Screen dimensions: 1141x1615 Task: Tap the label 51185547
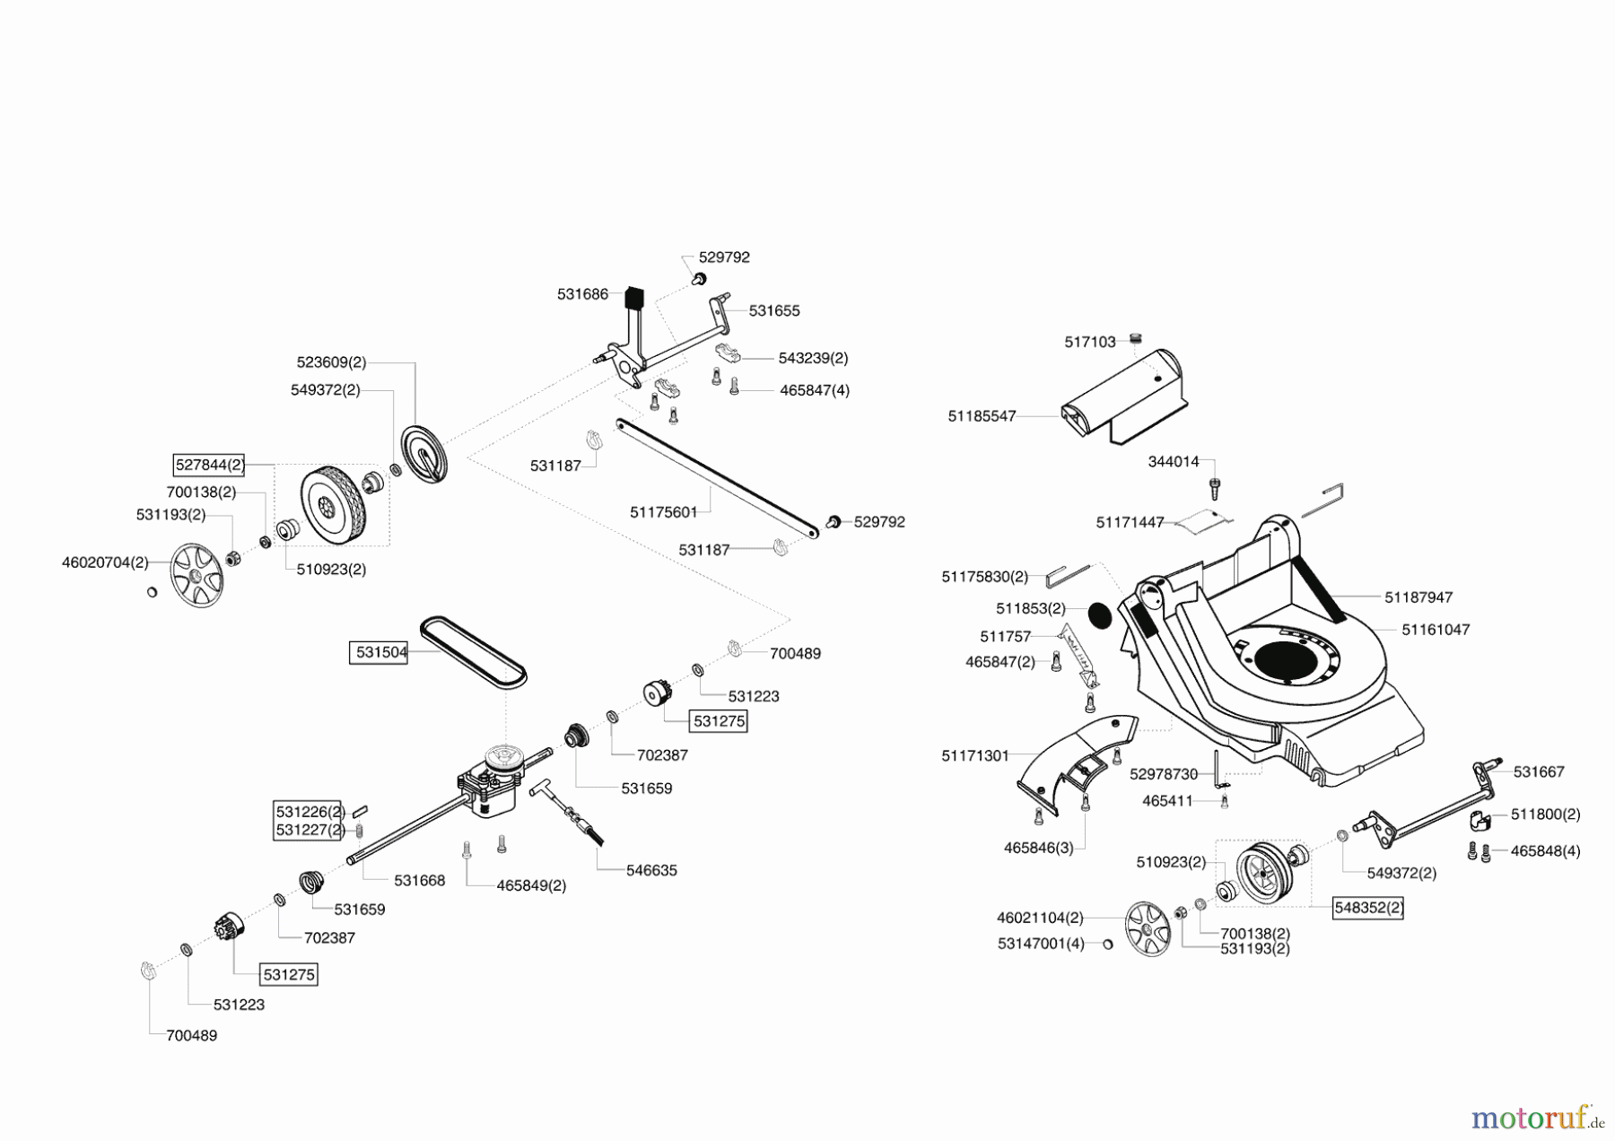982,416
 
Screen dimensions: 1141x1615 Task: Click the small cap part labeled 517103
1134,338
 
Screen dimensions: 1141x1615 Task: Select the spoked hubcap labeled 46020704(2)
196,575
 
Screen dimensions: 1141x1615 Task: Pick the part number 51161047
1436,630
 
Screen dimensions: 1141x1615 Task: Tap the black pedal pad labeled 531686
634,296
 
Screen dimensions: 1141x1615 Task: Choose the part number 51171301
975,756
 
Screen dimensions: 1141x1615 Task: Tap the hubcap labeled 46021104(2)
1148,929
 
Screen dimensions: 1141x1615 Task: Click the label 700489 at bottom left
191,1035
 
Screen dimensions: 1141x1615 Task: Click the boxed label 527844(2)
209,465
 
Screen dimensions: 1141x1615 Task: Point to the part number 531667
1539,771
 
